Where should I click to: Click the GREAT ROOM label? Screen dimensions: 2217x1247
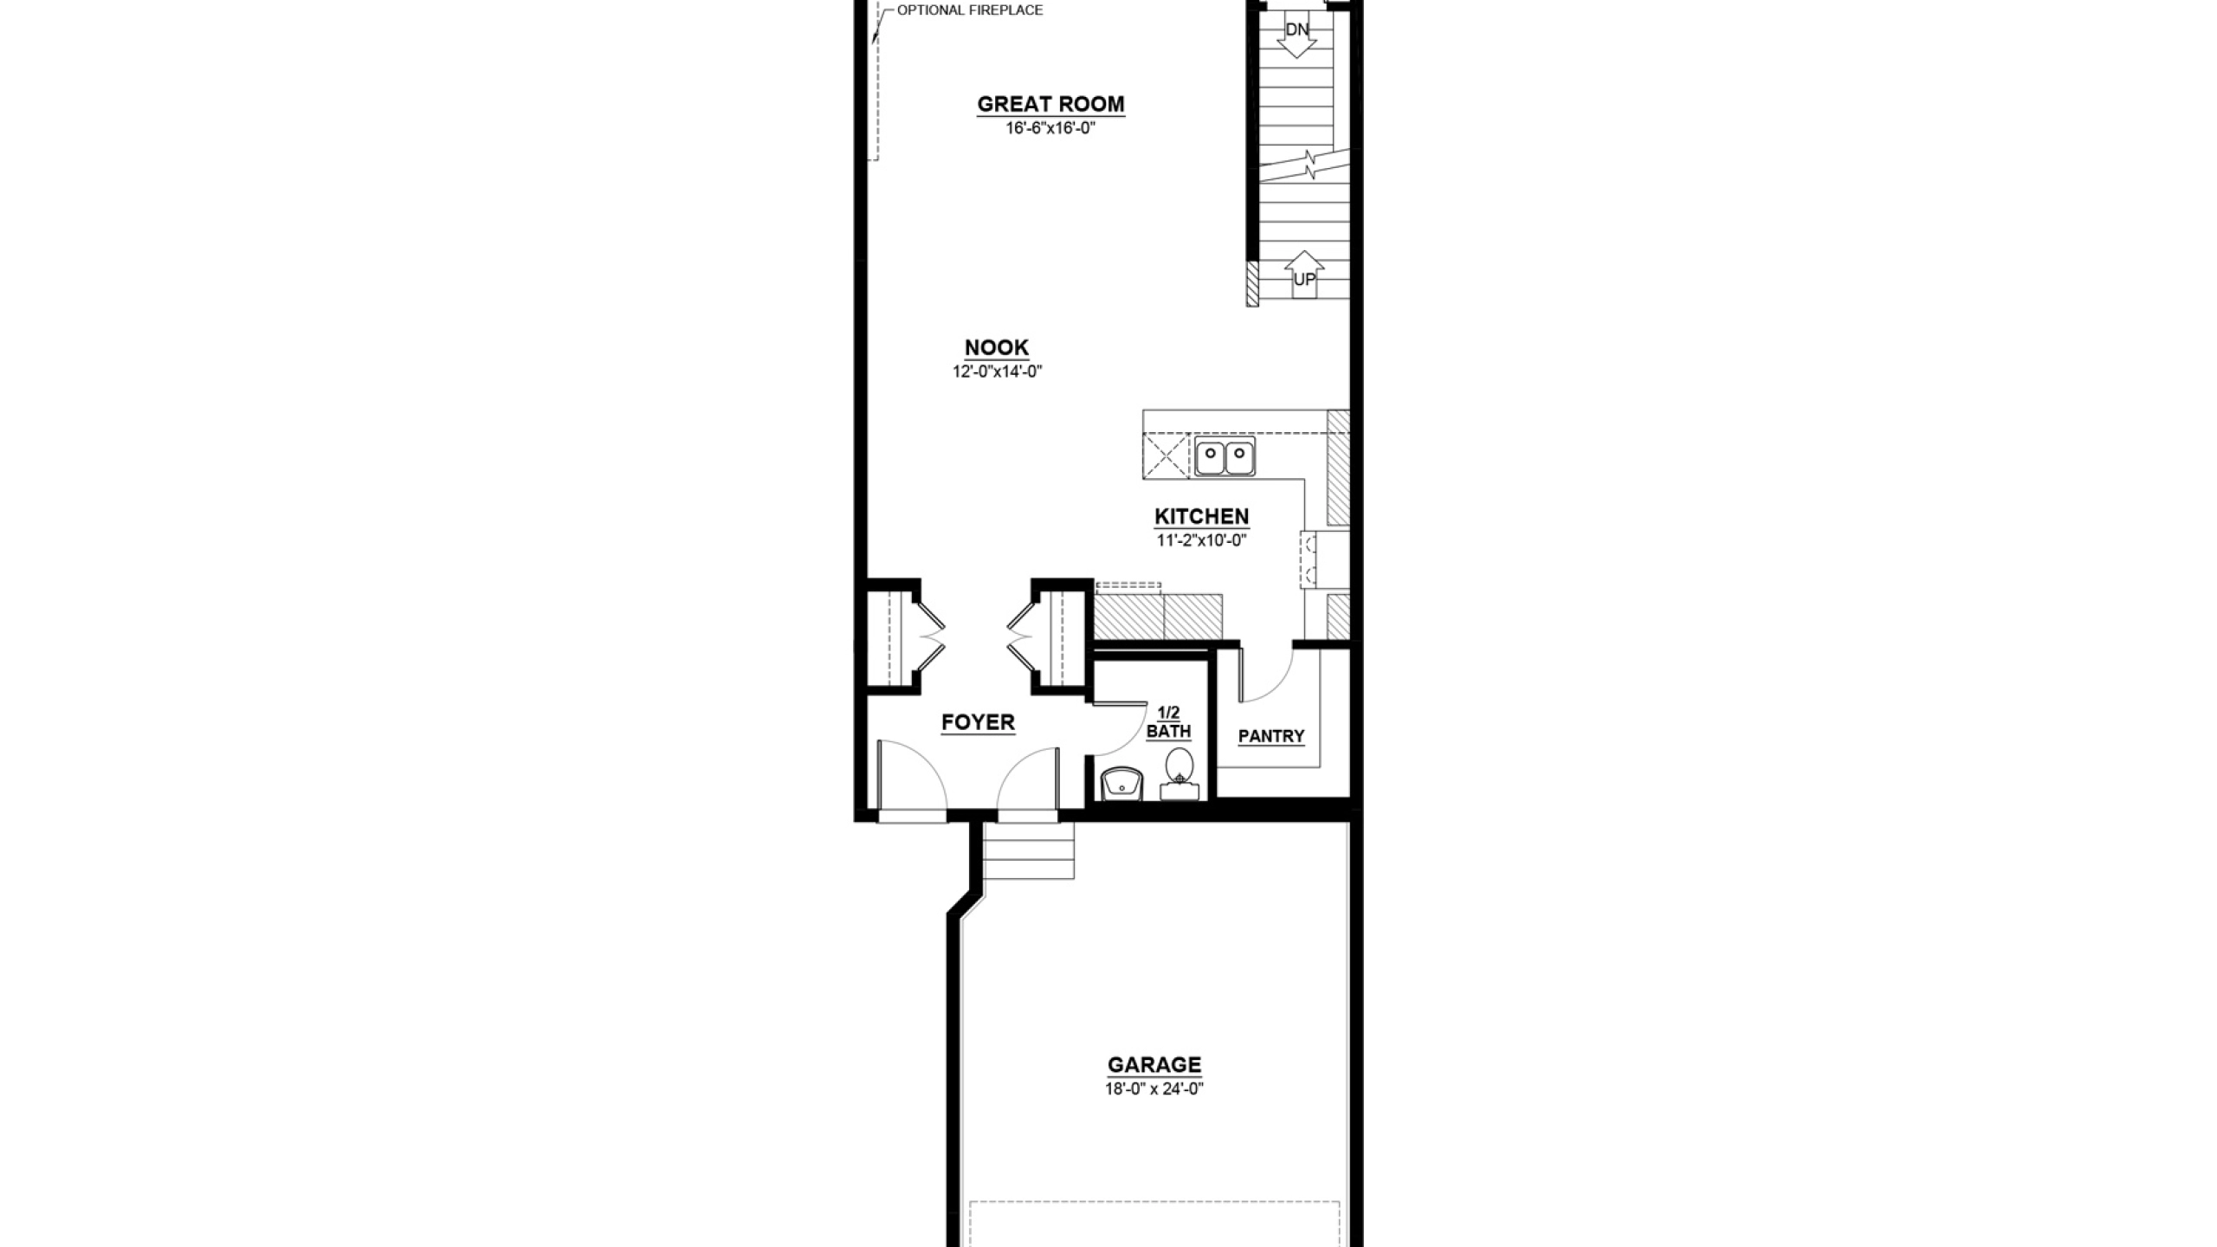(1050, 104)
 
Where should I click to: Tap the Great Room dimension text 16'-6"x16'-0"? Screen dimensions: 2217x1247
(1050, 128)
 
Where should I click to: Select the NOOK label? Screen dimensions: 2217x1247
(997, 347)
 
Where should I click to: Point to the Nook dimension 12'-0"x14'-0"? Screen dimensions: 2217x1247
(997, 372)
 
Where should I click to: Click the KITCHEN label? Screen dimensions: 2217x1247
(1202, 516)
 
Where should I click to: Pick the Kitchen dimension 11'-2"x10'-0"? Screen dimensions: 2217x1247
(1202, 540)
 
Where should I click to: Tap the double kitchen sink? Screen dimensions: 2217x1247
(1225, 456)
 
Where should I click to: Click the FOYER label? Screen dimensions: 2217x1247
(978, 722)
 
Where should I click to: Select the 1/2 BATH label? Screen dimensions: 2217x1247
(1169, 722)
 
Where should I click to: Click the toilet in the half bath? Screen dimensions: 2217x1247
(1180, 774)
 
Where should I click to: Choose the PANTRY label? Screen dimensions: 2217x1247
(1271, 736)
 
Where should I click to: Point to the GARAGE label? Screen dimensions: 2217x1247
(1154, 1064)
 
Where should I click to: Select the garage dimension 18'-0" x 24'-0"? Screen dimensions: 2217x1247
(1154, 1089)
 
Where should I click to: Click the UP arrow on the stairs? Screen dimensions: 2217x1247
(1304, 275)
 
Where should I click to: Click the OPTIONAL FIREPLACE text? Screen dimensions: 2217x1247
(970, 10)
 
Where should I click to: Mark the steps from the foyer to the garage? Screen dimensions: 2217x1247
(1029, 850)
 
